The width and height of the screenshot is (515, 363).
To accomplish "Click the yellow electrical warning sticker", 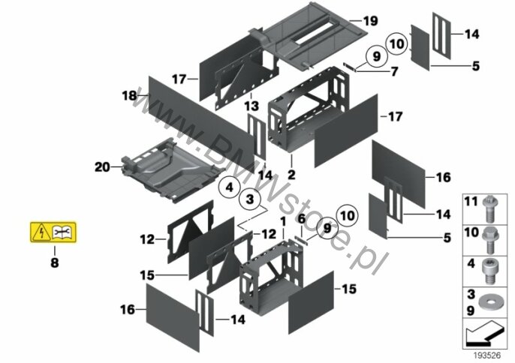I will (x=54, y=234).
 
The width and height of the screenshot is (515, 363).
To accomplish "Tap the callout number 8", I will (x=54, y=263).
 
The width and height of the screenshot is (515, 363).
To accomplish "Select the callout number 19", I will (x=369, y=20).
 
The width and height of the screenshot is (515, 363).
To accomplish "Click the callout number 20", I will (x=103, y=167).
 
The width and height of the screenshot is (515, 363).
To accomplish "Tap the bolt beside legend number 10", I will (x=489, y=234).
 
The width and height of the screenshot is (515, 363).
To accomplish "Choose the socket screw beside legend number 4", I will (x=489, y=265).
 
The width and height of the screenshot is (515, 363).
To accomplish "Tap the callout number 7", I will (x=393, y=71).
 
